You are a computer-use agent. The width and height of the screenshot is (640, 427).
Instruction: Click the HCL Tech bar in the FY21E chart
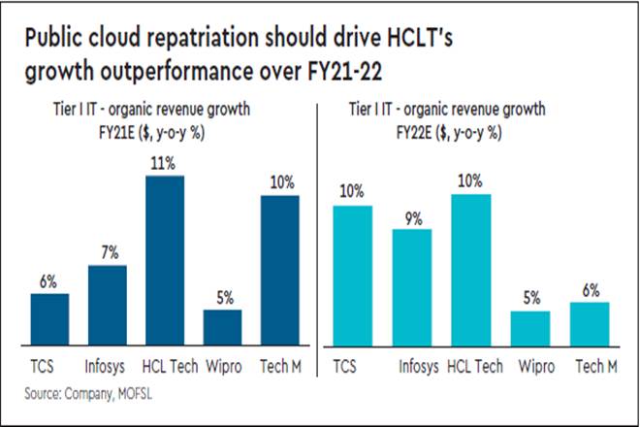[165, 260]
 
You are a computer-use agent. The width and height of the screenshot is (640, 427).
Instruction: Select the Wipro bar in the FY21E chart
[223, 327]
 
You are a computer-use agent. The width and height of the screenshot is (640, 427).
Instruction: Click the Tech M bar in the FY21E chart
[280, 270]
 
